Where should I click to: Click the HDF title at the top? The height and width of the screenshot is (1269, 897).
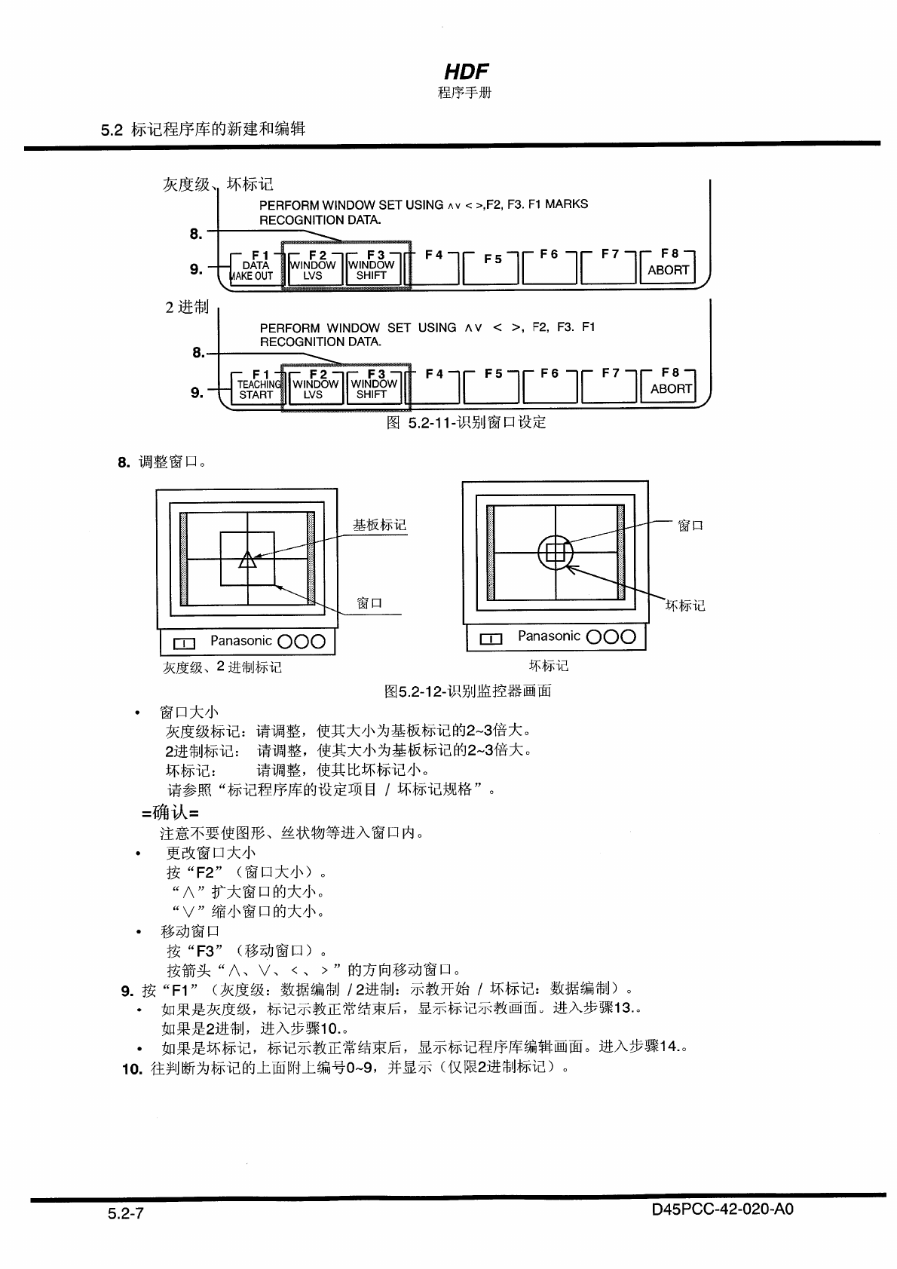pos(466,72)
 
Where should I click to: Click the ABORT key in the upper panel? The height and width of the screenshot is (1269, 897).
pos(667,269)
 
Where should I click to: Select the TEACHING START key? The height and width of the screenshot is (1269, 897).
pos(256,389)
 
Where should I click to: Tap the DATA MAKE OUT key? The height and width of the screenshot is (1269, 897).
pos(254,270)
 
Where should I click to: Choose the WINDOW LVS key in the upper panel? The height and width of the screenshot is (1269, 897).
pos(313,270)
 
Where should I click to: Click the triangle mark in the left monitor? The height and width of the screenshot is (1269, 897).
pos(247,559)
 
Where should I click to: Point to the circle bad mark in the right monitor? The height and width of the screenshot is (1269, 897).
pos(555,553)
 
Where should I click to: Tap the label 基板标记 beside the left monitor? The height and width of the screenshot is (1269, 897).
pos(379,525)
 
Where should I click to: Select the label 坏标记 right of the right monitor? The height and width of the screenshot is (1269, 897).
pos(685,605)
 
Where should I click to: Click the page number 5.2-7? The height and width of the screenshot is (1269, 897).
pos(125,1214)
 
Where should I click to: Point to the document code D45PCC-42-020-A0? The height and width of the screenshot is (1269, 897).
pos(723,1209)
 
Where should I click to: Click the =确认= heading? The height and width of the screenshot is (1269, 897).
pos(170,813)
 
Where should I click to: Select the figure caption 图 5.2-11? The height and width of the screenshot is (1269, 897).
pos(466,422)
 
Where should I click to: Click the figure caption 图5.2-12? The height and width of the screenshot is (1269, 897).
pos(467,691)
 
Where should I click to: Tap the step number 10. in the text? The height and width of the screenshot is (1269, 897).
pos(132,1068)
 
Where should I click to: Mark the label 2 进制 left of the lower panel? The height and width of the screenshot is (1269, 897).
pos(187,307)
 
